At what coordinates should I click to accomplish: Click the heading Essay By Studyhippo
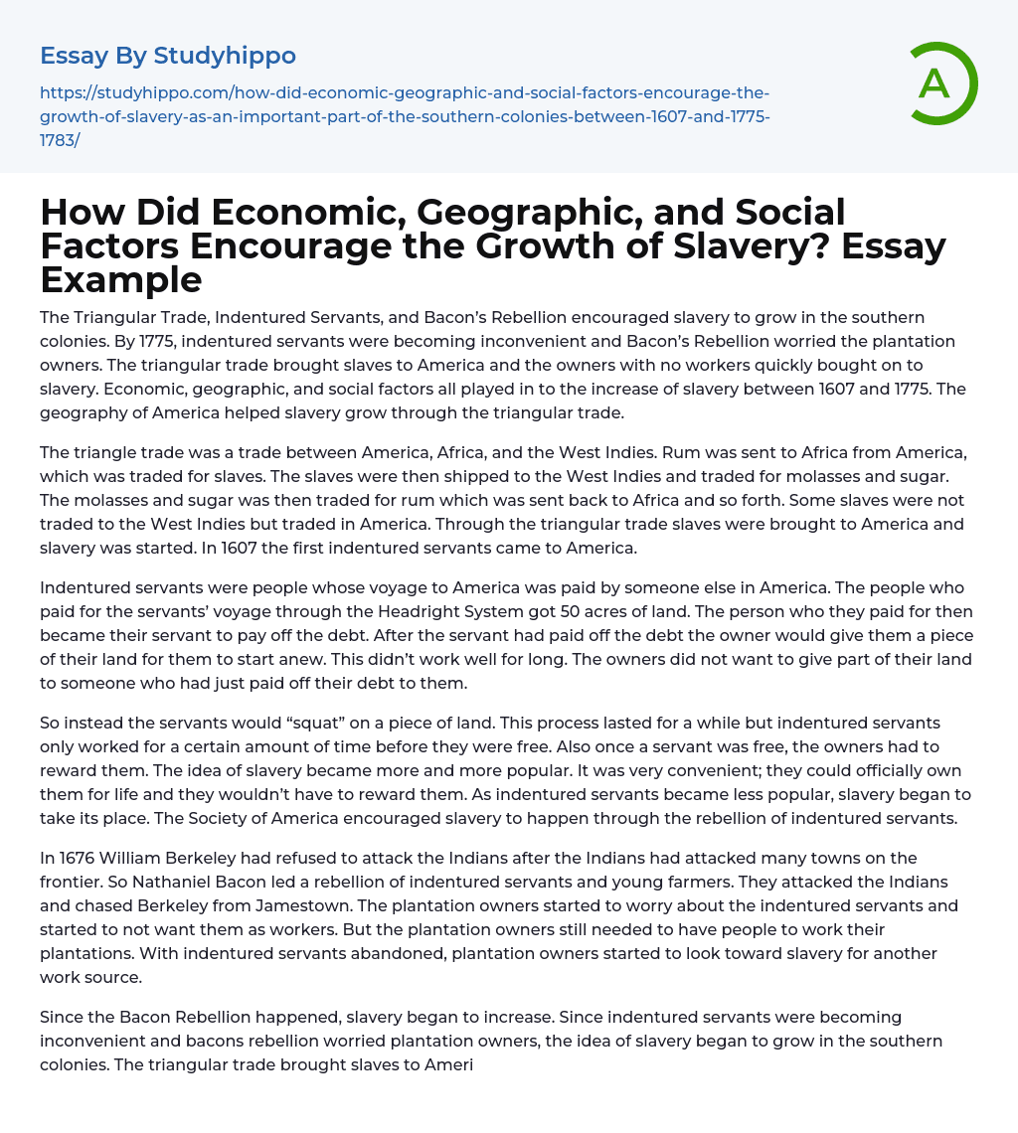click(x=168, y=56)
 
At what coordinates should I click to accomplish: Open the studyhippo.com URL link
click(x=405, y=116)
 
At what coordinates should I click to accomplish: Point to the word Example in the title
click(x=121, y=280)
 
